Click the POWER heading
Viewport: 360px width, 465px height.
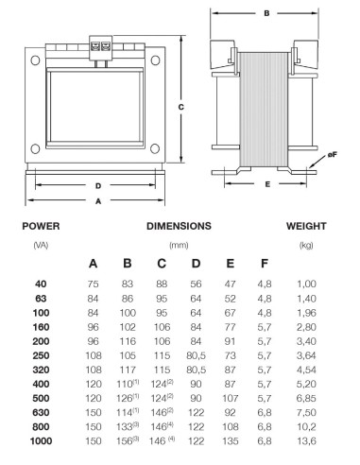point(41,226)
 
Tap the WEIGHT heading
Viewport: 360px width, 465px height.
point(306,226)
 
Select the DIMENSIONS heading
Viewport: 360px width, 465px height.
point(179,226)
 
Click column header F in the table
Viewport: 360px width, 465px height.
point(265,263)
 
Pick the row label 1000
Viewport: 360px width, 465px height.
point(41,440)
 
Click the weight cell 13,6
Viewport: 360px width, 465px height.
point(306,440)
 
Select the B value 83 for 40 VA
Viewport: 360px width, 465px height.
point(128,284)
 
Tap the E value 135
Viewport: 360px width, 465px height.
point(231,440)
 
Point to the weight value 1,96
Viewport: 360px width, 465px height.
point(306,313)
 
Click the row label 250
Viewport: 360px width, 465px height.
point(41,355)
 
